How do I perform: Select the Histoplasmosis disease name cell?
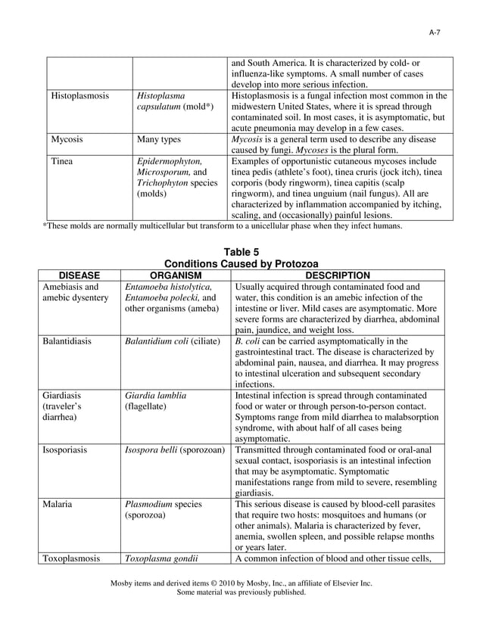click(x=79, y=96)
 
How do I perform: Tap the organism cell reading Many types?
click(x=160, y=139)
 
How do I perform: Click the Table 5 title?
click(x=241, y=252)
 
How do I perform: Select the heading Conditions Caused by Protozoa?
click(x=241, y=263)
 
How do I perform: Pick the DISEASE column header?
click(x=79, y=275)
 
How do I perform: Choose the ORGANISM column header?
click(x=175, y=275)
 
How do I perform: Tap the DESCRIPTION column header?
click(x=338, y=275)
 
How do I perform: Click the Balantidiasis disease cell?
click(x=67, y=341)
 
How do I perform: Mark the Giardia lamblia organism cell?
click(x=155, y=395)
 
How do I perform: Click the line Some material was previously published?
click(x=241, y=593)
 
